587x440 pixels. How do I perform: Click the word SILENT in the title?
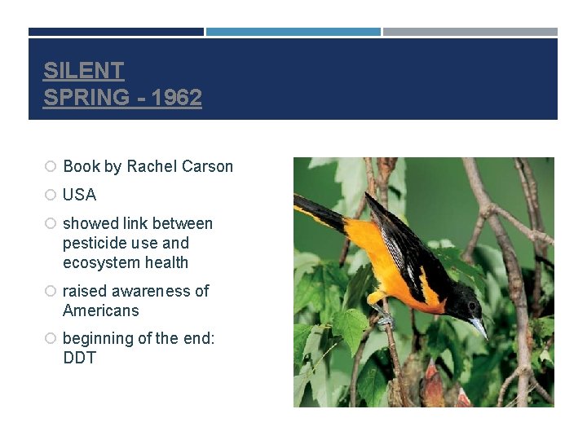pos(83,70)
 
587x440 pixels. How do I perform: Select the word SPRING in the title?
pos(86,98)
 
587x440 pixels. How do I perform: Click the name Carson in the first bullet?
pos(207,166)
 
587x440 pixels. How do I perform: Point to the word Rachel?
pos(152,166)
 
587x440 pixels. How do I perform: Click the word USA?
pos(79,195)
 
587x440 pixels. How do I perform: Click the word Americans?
pos(100,310)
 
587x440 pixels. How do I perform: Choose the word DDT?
pos(79,358)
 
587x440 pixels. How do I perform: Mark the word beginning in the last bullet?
pos(97,338)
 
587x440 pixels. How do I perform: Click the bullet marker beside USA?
pos(50,195)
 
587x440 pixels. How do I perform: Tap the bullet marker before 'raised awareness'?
pos(50,291)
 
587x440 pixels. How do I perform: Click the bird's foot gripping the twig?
pos(384,319)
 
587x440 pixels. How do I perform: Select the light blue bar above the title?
pos(293,32)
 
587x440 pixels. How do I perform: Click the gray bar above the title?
pos(470,32)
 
